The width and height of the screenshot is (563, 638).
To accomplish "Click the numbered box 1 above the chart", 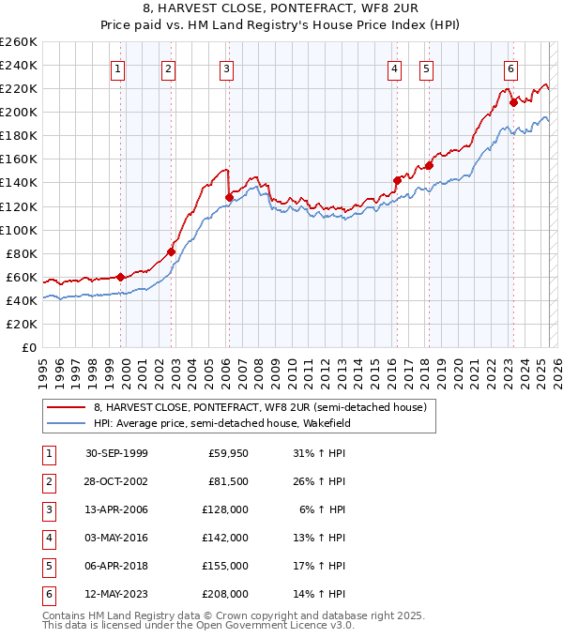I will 118,68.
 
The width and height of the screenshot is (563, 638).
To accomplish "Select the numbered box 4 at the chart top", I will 394,68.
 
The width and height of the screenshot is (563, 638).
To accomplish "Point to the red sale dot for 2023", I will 513,102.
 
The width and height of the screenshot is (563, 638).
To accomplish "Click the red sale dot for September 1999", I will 121,277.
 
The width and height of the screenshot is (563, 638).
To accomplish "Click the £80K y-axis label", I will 22,253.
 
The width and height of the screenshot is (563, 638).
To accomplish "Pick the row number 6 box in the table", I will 48,594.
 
